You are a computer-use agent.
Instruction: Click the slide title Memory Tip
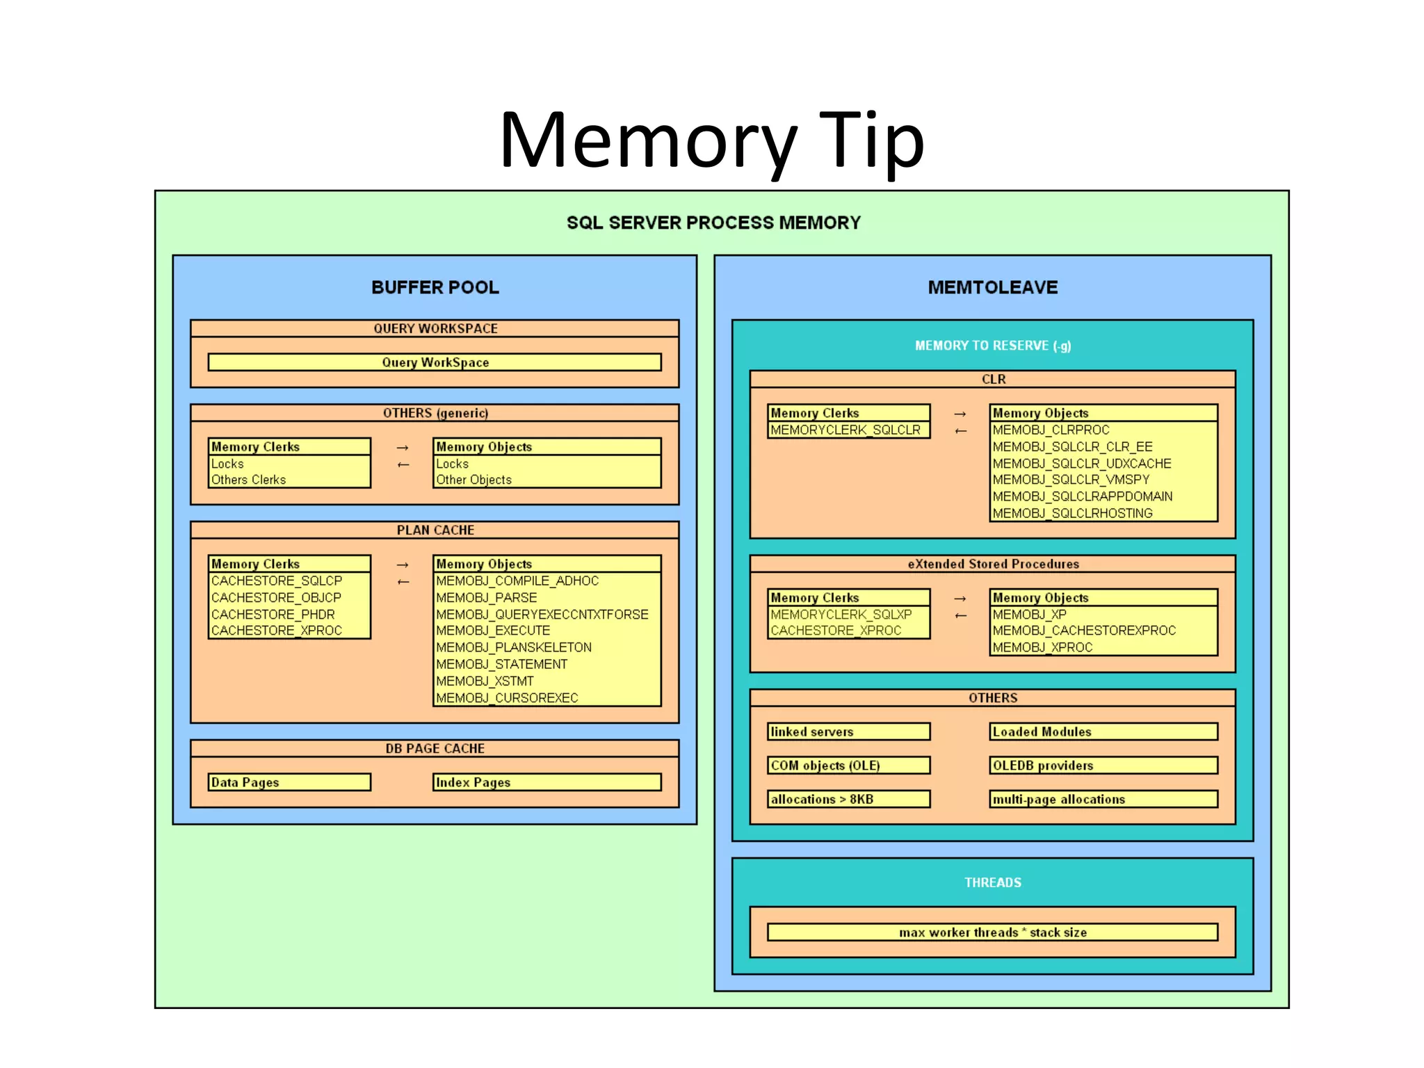pos(711,141)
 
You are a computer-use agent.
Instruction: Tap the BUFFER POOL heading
pos(435,287)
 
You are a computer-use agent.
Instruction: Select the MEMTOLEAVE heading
pos(992,287)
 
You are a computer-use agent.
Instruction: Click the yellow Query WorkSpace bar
pos(435,362)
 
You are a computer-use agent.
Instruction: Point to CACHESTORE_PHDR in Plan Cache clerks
pos(273,614)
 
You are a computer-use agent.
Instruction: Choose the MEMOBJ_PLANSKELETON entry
pos(514,647)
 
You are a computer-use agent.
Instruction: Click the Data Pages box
pos(289,782)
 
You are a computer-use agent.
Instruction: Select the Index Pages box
pos(547,782)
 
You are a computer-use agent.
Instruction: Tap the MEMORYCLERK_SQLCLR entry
pos(845,430)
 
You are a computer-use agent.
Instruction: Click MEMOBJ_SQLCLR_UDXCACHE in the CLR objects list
pos(1082,463)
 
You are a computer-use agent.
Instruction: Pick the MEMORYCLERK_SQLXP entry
pos(841,614)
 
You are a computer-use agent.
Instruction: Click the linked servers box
pos(848,731)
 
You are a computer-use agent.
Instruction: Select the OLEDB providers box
pos(1103,766)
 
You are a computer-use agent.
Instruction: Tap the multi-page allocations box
pos(1103,799)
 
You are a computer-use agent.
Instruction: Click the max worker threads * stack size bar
pos(992,932)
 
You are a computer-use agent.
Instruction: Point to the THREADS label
pos(992,882)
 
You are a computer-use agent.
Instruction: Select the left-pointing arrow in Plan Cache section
pos(403,582)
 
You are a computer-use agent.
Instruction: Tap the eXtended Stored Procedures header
pos(992,564)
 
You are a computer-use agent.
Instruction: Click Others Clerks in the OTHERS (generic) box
pos(249,480)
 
